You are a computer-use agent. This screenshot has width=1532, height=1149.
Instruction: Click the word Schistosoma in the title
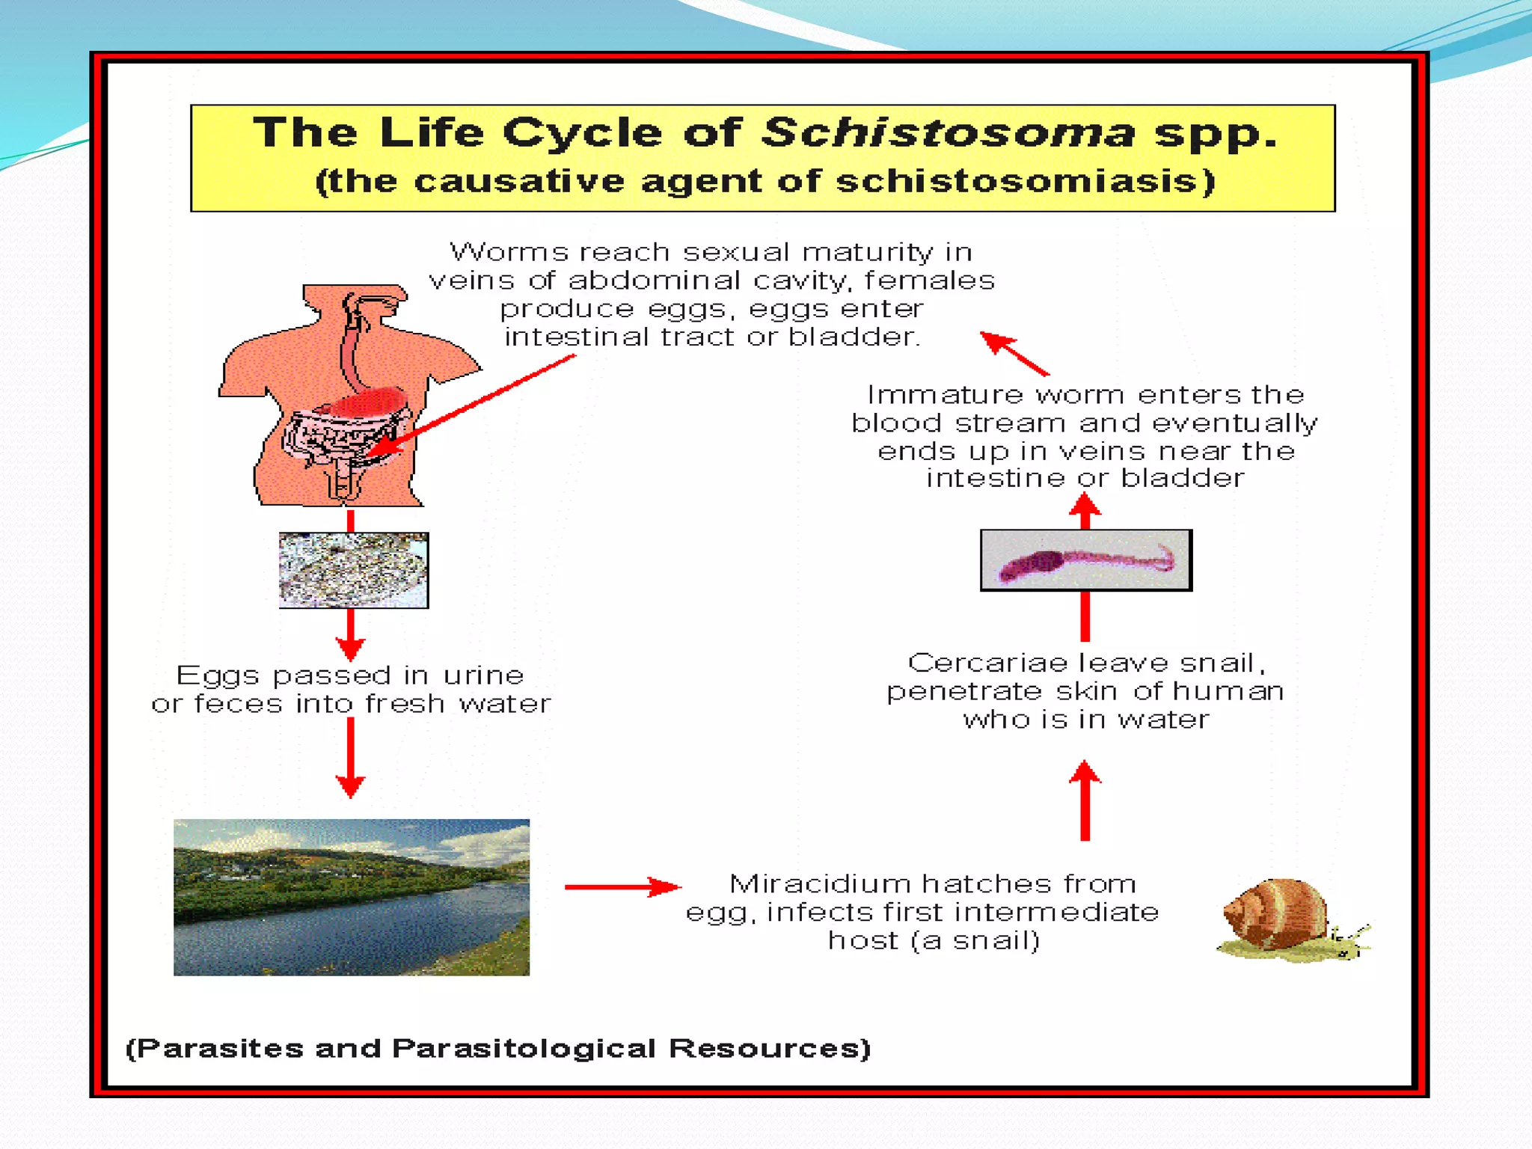click(949, 133)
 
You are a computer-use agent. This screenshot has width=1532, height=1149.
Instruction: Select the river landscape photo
click(352, 897)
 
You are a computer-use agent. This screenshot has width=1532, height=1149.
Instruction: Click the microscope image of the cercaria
click(1086, 561)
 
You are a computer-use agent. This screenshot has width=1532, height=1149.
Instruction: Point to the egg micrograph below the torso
click(354, 570)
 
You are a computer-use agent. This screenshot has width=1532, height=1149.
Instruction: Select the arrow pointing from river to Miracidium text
click(622, 887)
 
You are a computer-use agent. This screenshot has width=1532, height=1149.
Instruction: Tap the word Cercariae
click(987, 663)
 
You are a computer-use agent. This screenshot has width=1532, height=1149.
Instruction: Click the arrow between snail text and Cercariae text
click(1085, 800)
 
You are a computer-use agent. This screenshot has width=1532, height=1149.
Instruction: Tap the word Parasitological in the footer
click(524, 1049)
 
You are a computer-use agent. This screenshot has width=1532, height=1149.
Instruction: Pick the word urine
click(483, 675)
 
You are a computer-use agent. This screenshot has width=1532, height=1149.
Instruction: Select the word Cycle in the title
click(582, 133)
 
